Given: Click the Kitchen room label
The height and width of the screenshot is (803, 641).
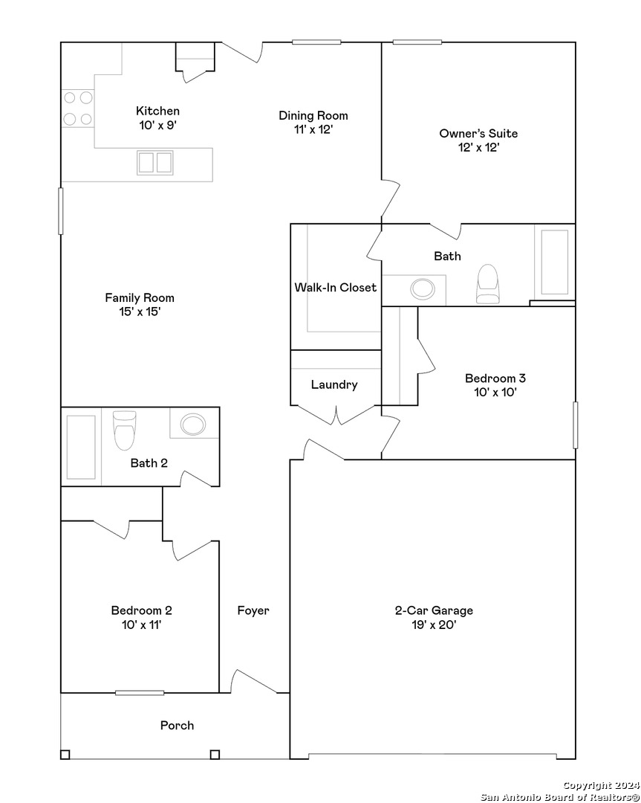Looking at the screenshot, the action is (157, 111).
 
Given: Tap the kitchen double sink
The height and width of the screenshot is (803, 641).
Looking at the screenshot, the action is (155, 162).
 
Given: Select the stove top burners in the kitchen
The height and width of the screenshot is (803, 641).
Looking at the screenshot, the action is (78, 108).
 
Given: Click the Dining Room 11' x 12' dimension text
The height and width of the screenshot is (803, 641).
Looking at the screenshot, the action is (313, 129).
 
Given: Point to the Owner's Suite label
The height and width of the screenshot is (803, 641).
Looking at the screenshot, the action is (478, 133).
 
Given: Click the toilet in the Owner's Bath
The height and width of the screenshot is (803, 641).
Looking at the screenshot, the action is (487, 284).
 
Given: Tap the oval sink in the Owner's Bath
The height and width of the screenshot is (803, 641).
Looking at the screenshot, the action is (423, 288).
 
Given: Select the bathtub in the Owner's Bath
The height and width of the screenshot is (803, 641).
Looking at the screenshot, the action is (555, 262).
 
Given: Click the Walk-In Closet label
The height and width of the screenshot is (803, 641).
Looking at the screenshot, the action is (336, 287).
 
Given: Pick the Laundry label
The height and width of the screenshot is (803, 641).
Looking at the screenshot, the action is (334, 384).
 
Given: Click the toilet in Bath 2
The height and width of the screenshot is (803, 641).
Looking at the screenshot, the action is (124, 430).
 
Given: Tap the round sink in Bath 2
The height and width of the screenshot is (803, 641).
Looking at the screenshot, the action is (193, 424).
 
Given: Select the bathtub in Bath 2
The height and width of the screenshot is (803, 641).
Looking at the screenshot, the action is (81, 447).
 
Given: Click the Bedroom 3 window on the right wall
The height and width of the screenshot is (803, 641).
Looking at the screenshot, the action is (576, 425).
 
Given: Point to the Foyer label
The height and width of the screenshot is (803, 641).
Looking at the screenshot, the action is (253, 610).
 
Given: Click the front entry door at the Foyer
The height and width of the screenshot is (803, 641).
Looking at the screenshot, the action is (255, 682).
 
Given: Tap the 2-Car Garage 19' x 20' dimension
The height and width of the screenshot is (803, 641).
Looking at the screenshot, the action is (434, 625).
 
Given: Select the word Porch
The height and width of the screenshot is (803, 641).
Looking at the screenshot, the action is (177, 725).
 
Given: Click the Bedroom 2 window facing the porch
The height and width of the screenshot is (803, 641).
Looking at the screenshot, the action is (140, 693).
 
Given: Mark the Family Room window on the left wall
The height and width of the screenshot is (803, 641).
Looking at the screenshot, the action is (61, 211).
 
